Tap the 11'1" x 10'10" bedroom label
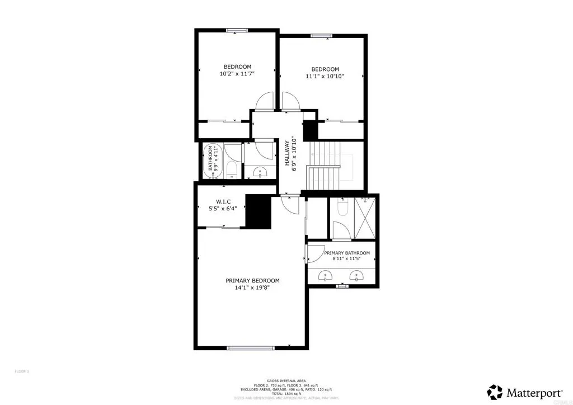click(325, 73)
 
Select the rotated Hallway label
click(289, 153)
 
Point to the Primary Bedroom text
click(252, 284)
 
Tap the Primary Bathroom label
click(347, 256)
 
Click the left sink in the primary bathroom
click(326, 275)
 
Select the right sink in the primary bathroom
click(356, 275)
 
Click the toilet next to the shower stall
click(343, 209)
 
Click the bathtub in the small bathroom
click(215, 162)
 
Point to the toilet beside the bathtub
click(233, 171)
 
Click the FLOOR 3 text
click(21, 371)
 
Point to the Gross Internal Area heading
click(286, 381)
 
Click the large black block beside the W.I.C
click(257, 211)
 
